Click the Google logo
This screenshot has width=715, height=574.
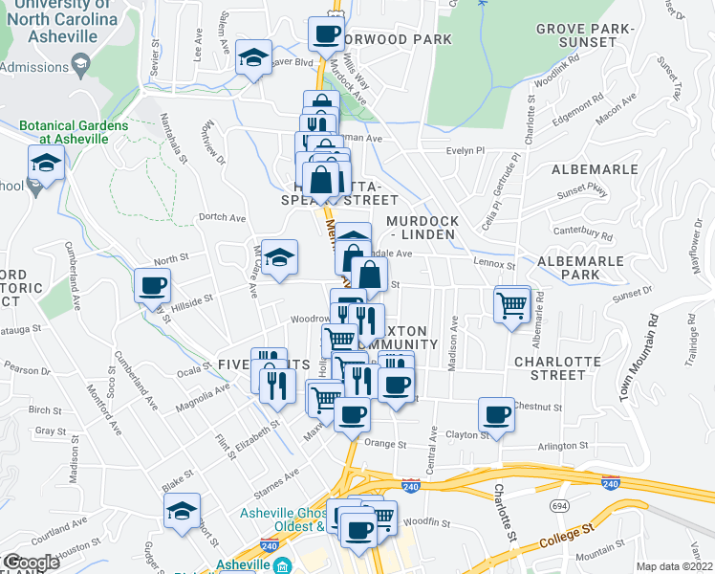(31, 562)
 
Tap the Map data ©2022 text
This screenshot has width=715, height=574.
(675, 566)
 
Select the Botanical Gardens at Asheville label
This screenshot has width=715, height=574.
(73, 133)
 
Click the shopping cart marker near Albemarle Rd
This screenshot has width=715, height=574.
(513, 305)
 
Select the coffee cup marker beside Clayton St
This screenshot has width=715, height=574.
(497, 415)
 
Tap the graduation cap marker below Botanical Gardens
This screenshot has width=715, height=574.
(46, 163)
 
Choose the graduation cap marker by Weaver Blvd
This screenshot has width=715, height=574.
(254, 57)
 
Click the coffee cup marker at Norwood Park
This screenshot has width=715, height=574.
(326, 35)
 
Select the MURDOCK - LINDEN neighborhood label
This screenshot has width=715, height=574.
(423, 228)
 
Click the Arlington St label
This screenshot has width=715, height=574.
(563, 446)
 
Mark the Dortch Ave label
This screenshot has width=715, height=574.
(218, 216)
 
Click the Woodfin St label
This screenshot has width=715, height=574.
(421, 521)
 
